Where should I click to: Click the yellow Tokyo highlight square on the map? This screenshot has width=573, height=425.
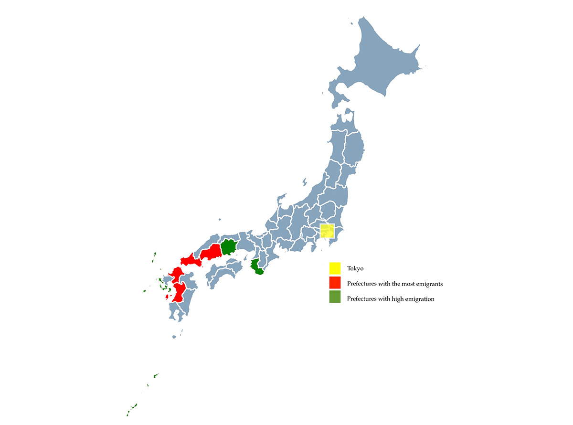[327, 231]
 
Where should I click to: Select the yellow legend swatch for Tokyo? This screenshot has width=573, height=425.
[335, 268]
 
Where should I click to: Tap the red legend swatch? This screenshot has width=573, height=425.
[335, 283]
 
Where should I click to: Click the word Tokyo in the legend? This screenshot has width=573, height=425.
[355, 269]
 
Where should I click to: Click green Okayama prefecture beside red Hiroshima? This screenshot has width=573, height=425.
[229, 247]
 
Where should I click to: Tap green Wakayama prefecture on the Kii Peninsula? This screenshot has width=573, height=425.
[259, 267]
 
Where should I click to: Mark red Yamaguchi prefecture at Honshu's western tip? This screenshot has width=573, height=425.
[190, 260]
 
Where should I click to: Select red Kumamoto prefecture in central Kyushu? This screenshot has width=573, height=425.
[180, 291]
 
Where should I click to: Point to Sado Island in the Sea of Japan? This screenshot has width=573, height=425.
[304, 181]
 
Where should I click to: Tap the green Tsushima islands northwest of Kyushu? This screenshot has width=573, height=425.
[154, 258]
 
